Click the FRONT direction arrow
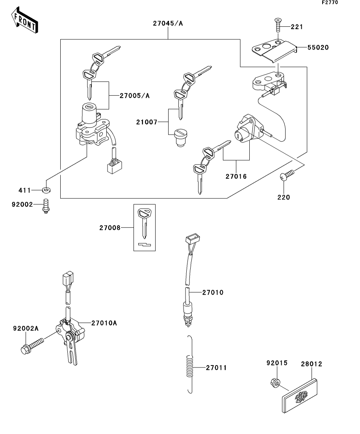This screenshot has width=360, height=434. [25, 20]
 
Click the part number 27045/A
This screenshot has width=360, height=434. [168, 24]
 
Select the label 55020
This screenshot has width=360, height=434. [318, 48]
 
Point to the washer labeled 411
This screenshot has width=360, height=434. [46, 190]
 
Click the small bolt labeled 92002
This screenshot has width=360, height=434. [46, 206]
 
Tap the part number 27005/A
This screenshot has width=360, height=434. [135, 96]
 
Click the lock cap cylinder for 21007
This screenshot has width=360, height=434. [180, 138]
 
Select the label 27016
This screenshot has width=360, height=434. [236, 176]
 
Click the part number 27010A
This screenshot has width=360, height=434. [104, 323]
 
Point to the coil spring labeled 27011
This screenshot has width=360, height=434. [189, 364]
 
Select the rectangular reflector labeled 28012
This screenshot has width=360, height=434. [300, 396]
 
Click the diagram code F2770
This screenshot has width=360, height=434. [330, 2]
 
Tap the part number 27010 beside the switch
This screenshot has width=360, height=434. [213, 293]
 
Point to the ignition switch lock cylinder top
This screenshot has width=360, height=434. [89, 107]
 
